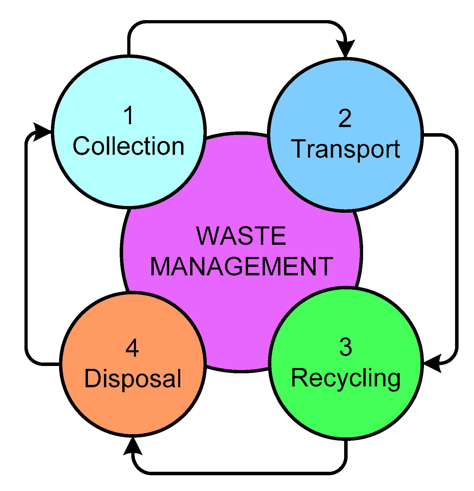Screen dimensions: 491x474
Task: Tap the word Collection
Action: pos(128,146)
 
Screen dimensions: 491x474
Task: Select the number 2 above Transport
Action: pos(345,118)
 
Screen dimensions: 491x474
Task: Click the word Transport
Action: pos(346,149)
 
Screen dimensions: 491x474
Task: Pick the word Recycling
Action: pos(346,378)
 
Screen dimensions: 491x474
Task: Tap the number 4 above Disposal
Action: pos(132,348)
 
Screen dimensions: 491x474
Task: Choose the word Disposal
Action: pos(133,379)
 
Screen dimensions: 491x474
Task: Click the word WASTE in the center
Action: pos(241,236)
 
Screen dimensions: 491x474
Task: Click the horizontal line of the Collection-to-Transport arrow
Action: pos(236,22)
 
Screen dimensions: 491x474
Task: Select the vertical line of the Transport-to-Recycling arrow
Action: pos(456,248)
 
